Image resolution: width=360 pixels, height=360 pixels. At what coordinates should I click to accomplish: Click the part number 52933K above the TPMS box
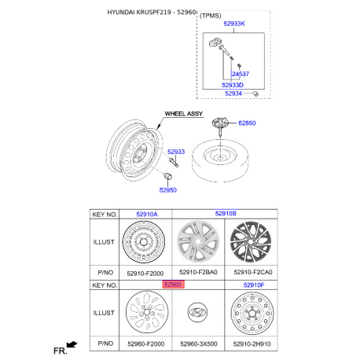click(234, 24)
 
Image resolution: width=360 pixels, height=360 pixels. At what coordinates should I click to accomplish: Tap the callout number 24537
click(241, 74)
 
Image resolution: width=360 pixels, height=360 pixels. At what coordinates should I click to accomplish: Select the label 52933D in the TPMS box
click(233, 85)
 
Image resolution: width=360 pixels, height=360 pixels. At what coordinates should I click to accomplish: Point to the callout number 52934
click(233, 94)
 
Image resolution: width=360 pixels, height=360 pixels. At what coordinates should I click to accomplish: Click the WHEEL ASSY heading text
click(184, 114)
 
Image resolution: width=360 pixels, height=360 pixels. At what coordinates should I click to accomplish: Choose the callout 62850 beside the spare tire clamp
click(247, 123)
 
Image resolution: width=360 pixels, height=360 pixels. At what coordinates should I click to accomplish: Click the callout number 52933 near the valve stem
click(176, 152)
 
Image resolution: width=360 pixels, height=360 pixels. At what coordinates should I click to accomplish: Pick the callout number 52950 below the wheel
click(168, 190)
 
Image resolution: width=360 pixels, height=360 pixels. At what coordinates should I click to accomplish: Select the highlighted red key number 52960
click(173, 285)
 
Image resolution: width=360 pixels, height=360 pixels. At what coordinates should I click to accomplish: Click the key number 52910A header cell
click(147, 215)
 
